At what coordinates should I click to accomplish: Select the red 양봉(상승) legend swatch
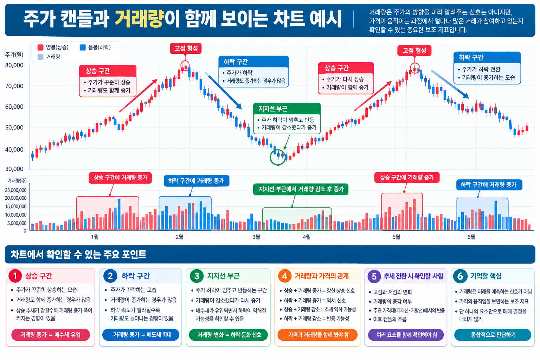point(40,47)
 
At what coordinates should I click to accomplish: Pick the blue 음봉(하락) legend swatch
point(83,47)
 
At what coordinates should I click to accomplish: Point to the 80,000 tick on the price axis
point(14,65)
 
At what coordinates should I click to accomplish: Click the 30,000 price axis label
point(14,169)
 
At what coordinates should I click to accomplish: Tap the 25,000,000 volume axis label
point(16,190)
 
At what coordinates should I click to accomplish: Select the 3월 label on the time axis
point(256,237)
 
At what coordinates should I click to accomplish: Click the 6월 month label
point(471,237)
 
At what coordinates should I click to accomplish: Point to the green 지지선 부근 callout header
point(287,109)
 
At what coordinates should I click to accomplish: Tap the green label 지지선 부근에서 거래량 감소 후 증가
point(301,189)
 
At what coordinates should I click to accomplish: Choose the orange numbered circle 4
point(285,276)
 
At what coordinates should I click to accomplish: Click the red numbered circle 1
point(15,276)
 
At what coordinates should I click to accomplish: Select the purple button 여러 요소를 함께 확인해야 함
point(406,335)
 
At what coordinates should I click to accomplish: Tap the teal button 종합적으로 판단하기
point(493,335)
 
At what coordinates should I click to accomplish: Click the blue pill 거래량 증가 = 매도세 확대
point(141,335)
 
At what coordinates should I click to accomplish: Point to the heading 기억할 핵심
point(486,276)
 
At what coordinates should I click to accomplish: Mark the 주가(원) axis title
point(14,55)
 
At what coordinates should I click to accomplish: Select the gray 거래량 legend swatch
point(40,57)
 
